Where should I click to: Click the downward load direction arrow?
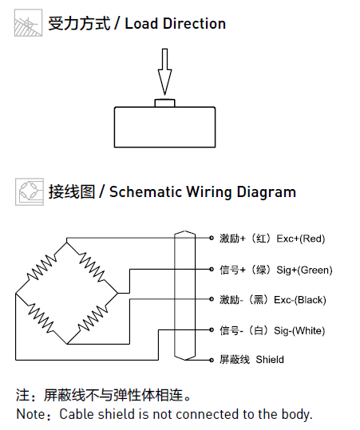(x=164, y=72)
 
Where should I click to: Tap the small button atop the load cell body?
(x=164, y=103)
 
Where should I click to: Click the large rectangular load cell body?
(x=164, y=128)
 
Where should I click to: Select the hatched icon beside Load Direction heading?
(x=28, y=23)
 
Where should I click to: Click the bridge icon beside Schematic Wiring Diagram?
(x=30, y=191)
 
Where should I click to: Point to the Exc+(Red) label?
(x=300, y=239)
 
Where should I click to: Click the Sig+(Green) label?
(x=304, y=270)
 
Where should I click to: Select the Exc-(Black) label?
(x=300, y=300)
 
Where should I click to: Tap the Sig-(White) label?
(x=299, y=331)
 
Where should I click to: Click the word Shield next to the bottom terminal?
(x=270, y=360)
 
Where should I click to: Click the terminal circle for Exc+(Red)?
(x=212, y=238)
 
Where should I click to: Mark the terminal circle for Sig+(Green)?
(x=212, y=270)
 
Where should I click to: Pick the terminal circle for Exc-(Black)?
(x=212, y=299)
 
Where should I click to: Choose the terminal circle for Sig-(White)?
(x=212, y=330)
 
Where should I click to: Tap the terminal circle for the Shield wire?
(x=212, y=360)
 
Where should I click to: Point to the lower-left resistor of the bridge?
(x=42, y=318)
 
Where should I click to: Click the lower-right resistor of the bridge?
(x=93, y=318)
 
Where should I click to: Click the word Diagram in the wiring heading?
(x=266, y=192)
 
